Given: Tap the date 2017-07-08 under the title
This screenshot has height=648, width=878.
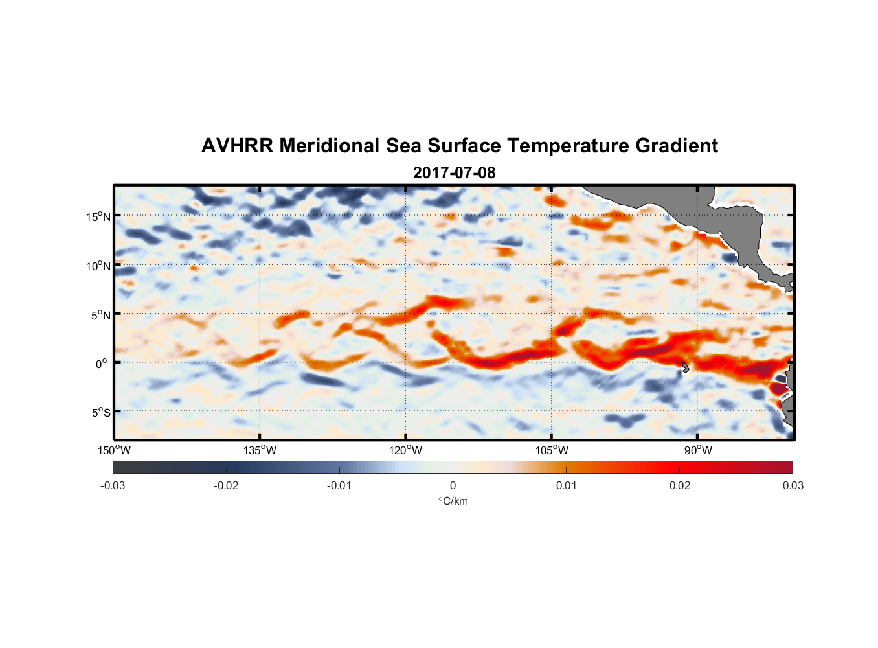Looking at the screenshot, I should point(454,173).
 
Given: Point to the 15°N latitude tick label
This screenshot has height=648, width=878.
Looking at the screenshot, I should point(98,216).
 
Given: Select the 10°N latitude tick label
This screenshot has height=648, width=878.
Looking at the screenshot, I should point(98,266).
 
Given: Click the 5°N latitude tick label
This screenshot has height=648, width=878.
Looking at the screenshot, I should point(100,315).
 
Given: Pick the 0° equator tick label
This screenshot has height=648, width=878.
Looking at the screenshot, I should point(102,364).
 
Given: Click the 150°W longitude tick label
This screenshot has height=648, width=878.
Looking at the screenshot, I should point(115,450).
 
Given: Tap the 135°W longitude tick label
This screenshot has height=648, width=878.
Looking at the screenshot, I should point(260,450).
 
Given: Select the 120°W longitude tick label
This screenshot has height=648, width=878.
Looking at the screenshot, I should point(406,450).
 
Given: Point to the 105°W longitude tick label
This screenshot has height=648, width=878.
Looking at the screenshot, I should point(552,450).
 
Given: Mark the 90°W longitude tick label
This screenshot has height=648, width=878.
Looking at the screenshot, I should point(698,450).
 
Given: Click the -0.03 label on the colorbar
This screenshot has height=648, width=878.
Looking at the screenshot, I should point(113,486).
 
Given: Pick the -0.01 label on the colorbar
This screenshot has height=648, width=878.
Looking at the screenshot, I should point(339,486).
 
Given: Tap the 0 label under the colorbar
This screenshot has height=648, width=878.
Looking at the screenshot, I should point(453,486).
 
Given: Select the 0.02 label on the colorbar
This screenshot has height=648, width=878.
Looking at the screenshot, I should point(680,486).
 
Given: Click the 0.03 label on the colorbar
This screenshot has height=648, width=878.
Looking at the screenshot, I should point(793,486).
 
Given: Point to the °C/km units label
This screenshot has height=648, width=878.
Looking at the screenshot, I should point(453,501).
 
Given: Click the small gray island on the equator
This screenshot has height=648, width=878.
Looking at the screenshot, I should point(685,367).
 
